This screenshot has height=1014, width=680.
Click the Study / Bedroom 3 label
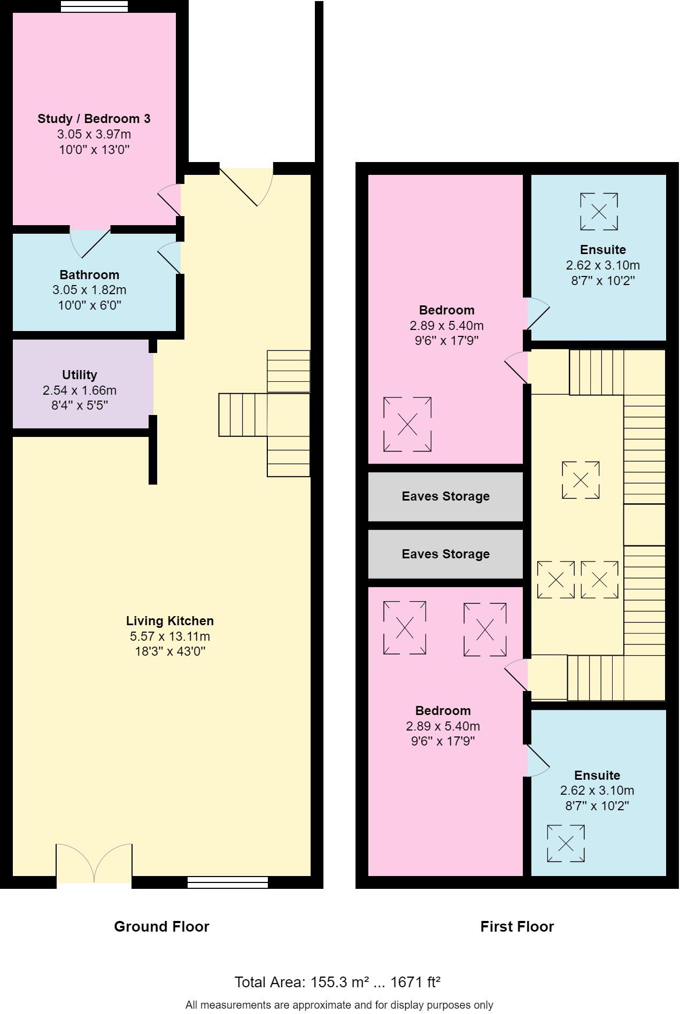tap(94, 119)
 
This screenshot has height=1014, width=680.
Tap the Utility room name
tap(80, 375)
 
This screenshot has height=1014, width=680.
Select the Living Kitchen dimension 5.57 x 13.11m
tap(169, 636)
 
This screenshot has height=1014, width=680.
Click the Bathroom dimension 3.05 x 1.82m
tap(89, 290)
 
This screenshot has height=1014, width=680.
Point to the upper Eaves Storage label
tap(445, 496)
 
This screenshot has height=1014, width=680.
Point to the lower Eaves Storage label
tap(445, 554)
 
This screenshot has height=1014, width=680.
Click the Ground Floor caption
tap(161, 927)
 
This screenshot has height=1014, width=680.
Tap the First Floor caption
tap(517, 927)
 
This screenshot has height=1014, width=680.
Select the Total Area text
tap(337, 982)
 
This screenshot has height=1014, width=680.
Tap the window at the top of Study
tap(94, 6)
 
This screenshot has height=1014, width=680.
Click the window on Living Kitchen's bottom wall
tap(228, 882)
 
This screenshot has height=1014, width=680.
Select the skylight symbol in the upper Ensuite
tap(599, 212)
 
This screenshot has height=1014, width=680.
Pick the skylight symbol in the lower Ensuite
tap(566, 844)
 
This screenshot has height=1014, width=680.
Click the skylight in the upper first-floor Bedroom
tap(407, 424)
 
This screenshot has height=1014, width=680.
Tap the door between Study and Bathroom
tap(90, 242)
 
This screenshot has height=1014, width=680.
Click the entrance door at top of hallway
tap(247, 185)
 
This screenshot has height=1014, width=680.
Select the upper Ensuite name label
tap(602, 250)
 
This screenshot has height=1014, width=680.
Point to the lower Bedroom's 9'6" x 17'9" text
tap(443, 741)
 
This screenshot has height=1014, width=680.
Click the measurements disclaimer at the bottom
tap(339, 1005)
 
